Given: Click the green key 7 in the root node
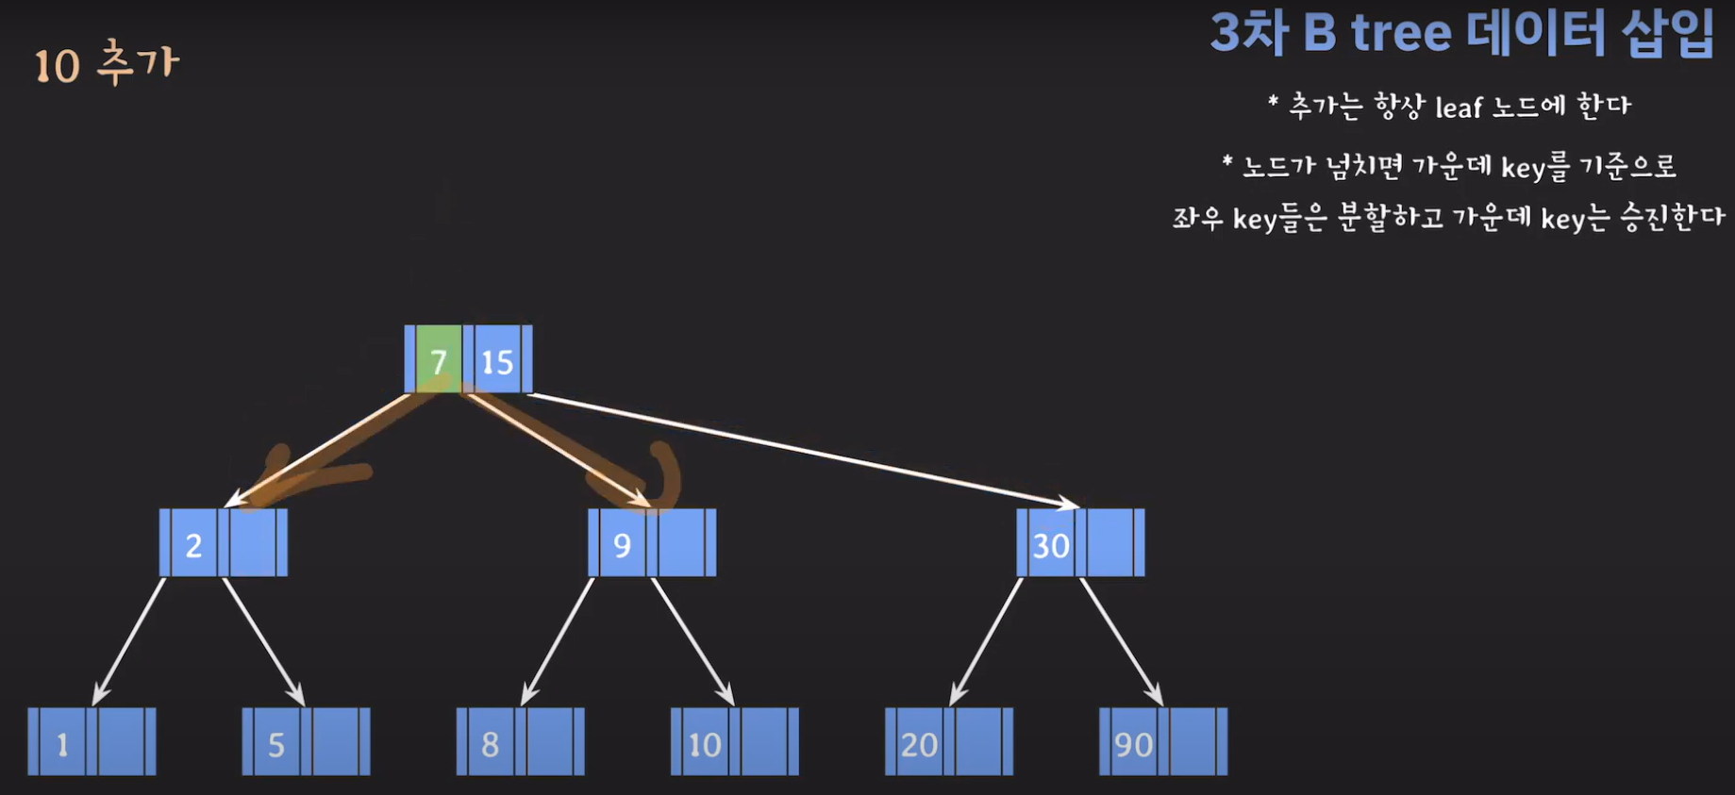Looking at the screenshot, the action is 439,360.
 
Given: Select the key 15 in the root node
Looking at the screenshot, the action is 497,360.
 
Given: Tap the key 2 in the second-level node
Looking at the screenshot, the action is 193,544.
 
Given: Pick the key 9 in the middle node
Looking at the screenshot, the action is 622,544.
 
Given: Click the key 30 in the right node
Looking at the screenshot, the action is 1050,544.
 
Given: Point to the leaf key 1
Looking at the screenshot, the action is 62,743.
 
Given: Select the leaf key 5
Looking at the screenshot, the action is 276,743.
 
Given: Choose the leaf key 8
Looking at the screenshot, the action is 491,743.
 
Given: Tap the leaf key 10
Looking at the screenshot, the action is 705,743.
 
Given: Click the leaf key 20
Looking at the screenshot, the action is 919,743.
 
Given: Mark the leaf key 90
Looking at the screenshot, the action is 1133,743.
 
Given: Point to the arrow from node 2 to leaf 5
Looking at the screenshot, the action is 263,641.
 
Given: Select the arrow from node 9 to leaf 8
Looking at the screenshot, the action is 558,641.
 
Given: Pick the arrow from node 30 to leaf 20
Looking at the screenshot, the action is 986,641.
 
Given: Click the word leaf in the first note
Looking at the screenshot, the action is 1459,108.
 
